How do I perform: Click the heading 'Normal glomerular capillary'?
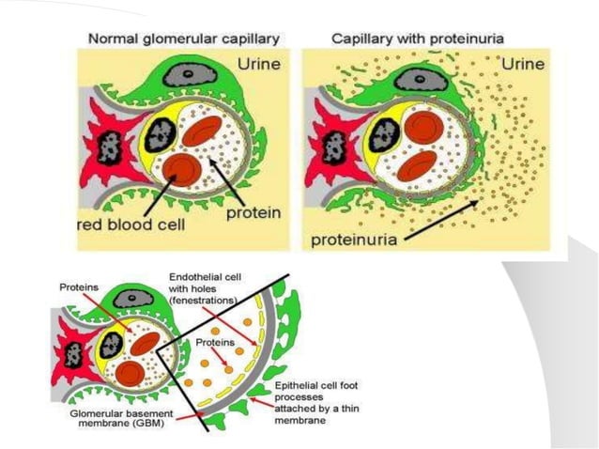[x=185, y=39]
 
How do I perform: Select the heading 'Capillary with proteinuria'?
[x=418, y=39]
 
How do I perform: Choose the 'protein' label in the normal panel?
[x=251, y=213]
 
